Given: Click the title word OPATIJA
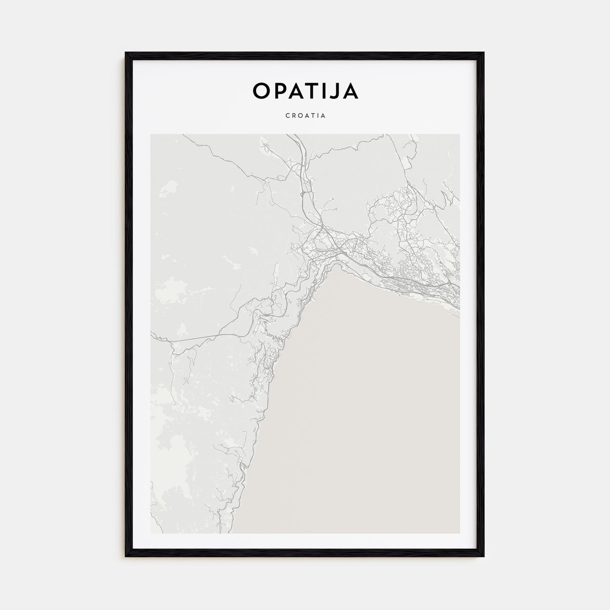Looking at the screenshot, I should coord(305,91).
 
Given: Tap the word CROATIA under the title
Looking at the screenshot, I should coord(305,116).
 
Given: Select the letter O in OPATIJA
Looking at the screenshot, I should coord(261,91).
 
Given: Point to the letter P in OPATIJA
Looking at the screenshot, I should coord(279,91).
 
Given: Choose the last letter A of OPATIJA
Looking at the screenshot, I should coord(351,91).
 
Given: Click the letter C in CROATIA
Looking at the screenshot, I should coord(288,116).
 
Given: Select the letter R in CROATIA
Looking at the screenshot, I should coord(294,116).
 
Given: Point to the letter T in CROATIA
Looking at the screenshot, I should coord(312,116).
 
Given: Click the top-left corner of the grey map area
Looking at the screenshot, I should coord(151,135).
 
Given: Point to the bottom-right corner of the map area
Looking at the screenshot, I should coord(459,533).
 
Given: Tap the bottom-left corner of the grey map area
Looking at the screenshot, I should coord(151,533).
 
